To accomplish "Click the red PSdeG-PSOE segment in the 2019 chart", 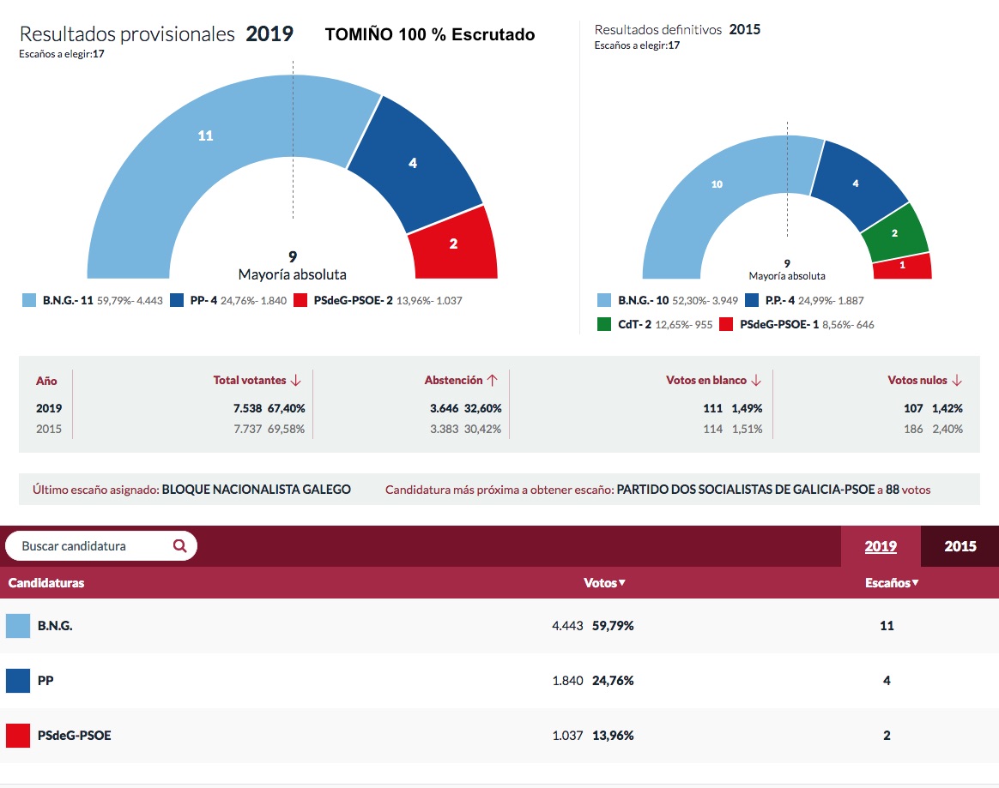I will tap(453, 244).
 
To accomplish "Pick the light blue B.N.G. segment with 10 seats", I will tap(717, 184).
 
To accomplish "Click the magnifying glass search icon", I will tap(179, 545).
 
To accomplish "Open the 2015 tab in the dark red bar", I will tap(960, 546).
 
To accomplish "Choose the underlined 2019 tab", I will tap(881, 546).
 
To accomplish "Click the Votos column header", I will tap(604, 583).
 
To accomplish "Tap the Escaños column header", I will tap(891, 583).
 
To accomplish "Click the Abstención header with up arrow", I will tap(461, 380).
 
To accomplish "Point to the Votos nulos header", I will tap(924, 380).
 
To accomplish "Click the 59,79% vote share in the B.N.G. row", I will tap(613, 626).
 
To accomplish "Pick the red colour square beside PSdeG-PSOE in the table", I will tap(18, 736).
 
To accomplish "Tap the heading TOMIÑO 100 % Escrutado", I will tap(429, 35).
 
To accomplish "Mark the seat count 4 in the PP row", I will tap(887, 681).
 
